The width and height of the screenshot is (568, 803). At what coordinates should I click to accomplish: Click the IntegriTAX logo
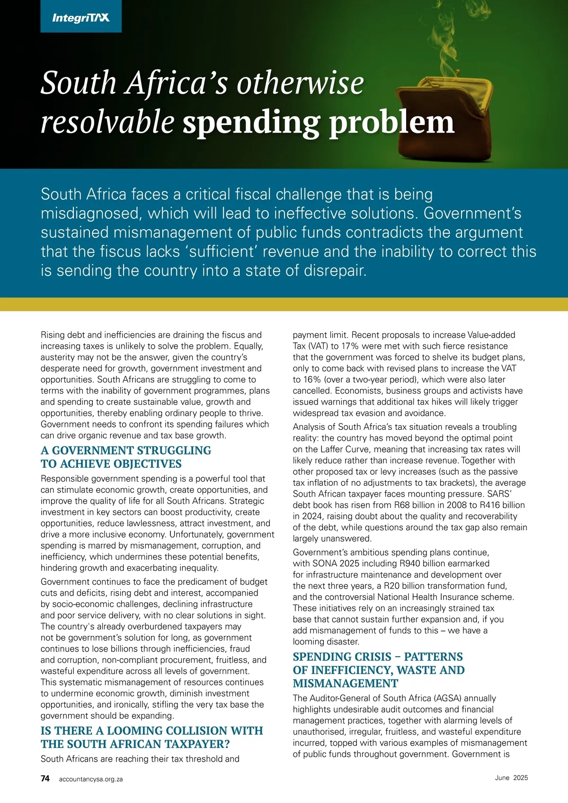tap(81, 18)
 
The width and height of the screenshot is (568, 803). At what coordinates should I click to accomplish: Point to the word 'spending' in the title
tap(250, 123)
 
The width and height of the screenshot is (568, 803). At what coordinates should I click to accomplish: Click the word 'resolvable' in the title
tap(107, 122)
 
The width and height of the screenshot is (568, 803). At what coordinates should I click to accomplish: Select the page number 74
tap(45, 778)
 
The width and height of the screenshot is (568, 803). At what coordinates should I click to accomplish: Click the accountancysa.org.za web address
tap(91, 779)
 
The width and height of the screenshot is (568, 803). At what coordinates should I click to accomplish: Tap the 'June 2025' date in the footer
tap(511, 778)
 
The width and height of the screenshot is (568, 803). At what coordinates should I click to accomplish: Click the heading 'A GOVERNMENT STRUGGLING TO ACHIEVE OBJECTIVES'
tap(126, 457)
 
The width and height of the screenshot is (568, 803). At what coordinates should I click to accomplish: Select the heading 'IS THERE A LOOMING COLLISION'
tap(151, 737)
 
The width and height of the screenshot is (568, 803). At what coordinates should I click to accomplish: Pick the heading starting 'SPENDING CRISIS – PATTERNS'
tap(378, 669)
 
